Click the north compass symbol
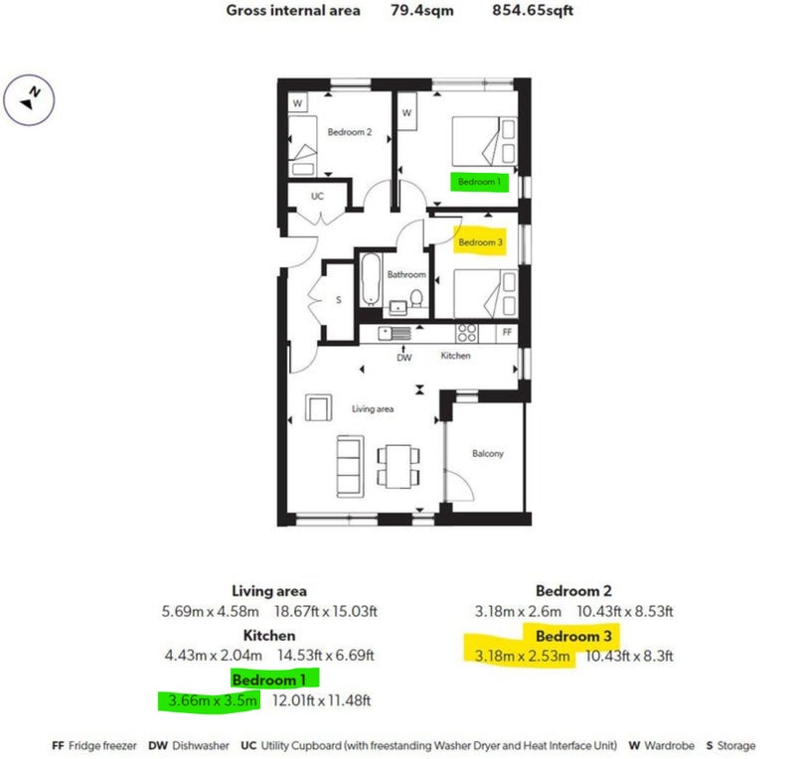29,100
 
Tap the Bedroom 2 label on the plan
350,132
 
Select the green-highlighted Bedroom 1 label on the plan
479,182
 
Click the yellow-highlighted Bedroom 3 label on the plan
480,242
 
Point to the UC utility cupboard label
317,197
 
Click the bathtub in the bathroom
371,280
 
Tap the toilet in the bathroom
416,298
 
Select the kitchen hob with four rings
466,333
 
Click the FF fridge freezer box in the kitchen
507,333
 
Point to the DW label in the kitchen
404,358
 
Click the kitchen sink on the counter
395,333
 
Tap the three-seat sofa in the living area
351,467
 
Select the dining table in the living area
398,467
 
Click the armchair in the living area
318,407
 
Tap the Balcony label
488,453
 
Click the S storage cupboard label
339,300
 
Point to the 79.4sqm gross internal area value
421,10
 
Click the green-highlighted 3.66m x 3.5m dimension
213,700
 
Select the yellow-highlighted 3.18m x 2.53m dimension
523,656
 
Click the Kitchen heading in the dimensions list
269,635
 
